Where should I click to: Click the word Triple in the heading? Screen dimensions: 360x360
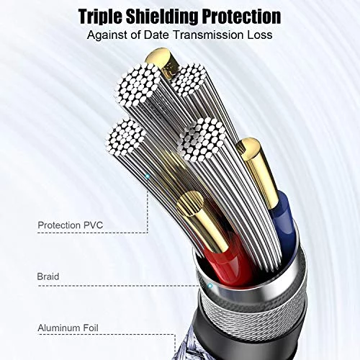point(101,17)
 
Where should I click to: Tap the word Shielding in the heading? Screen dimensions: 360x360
point(163,16)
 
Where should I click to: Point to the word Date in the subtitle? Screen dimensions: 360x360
point(156,35)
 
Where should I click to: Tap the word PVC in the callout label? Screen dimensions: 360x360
point(93,225)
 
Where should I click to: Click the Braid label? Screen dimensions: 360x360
point(48,276)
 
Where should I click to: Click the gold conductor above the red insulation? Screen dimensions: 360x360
point(203,221)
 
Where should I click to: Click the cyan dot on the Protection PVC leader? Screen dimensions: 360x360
point(148,176)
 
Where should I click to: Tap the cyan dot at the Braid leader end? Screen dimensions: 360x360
point(210,286)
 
